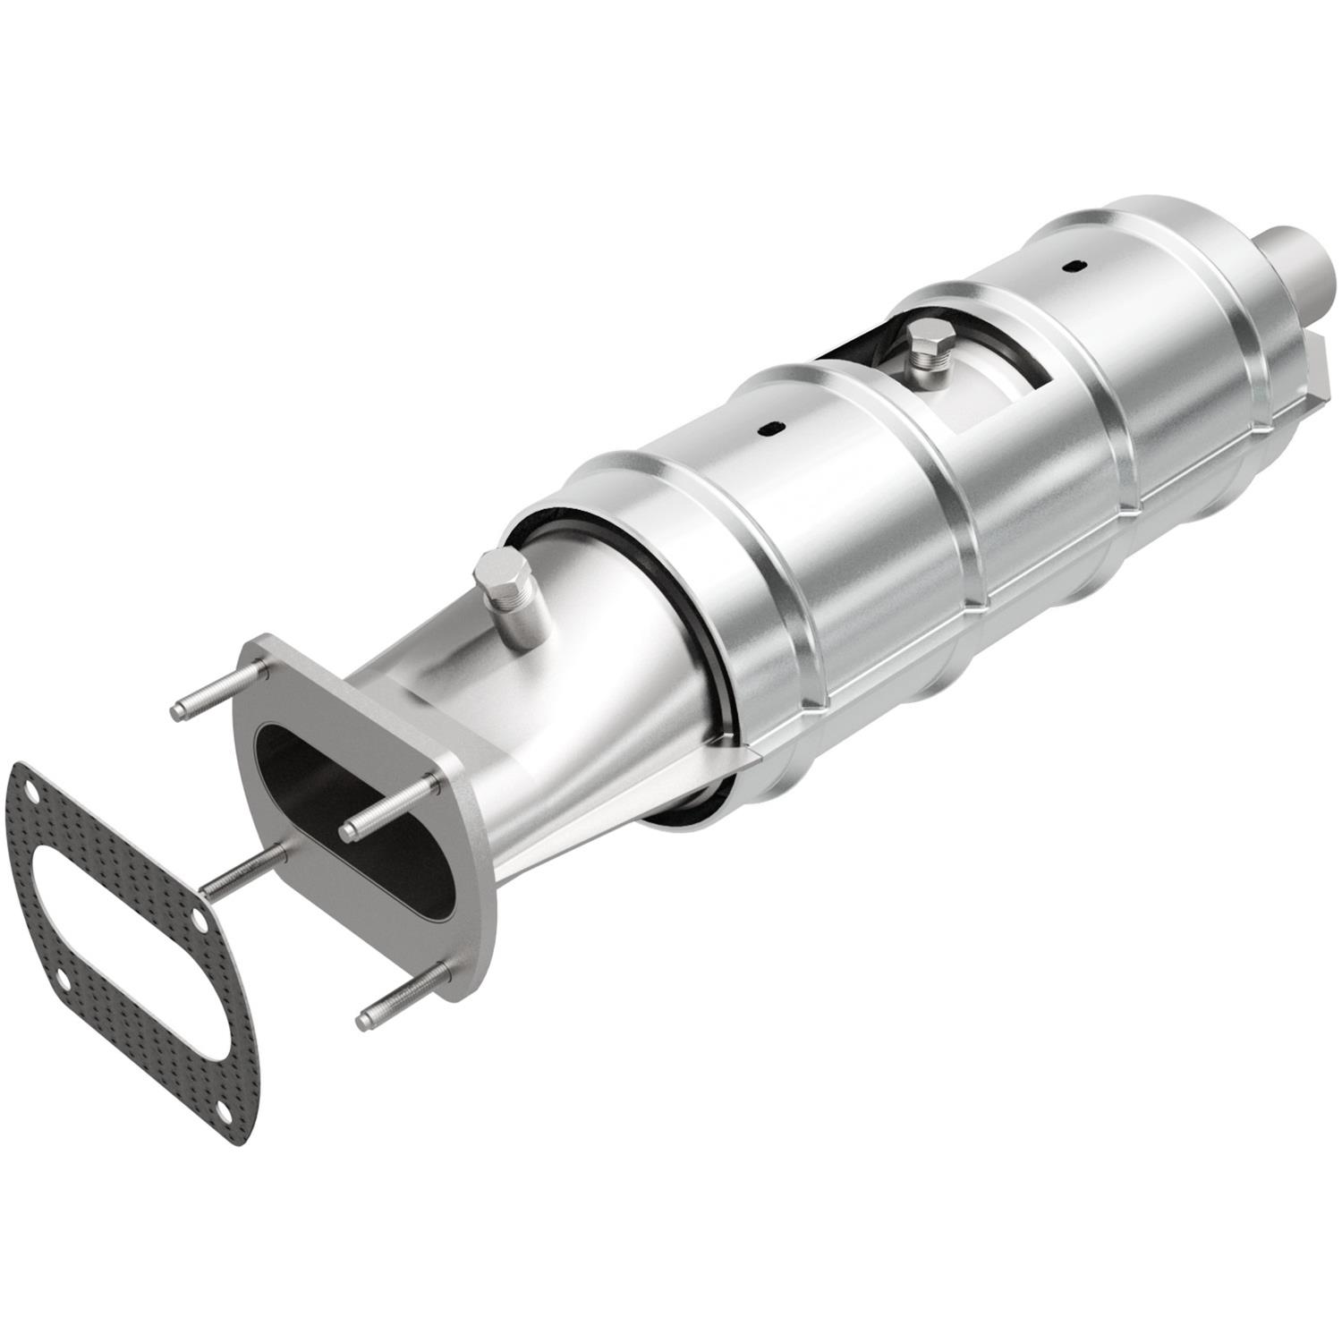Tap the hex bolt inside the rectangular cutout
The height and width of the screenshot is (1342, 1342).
coord(924,340)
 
